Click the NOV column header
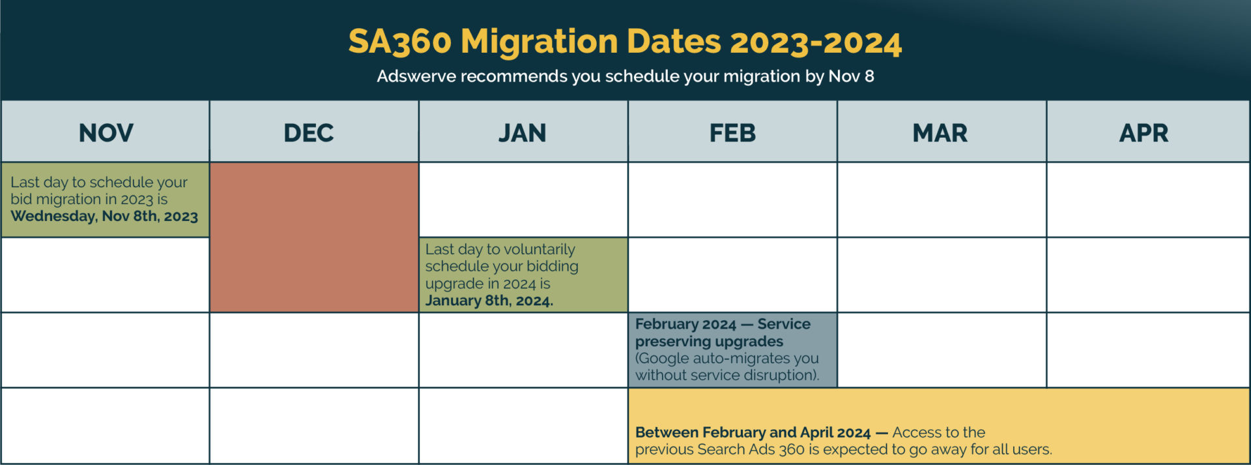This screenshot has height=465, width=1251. click(106, 133)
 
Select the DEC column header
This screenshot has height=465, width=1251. click(308, 133)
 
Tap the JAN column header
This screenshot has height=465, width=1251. click(522, 133)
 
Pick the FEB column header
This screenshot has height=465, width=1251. click(732, 133)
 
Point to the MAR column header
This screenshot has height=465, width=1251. click(940, 133)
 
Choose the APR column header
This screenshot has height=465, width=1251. click(1143, 133)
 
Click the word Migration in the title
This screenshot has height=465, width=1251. click(539, 42)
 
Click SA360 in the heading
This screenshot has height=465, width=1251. click(399, 42)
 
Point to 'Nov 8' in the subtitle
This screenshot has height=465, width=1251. click(851, 76)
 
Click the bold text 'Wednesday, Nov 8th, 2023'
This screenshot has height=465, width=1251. click(104, 217)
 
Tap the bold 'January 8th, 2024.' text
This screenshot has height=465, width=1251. click(489, 301)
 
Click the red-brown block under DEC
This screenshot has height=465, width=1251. click(314, 237)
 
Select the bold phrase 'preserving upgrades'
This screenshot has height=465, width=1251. click(709, 341)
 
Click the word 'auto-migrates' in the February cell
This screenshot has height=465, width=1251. click(741, 358)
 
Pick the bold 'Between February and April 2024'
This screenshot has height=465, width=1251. click(753, 432)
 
